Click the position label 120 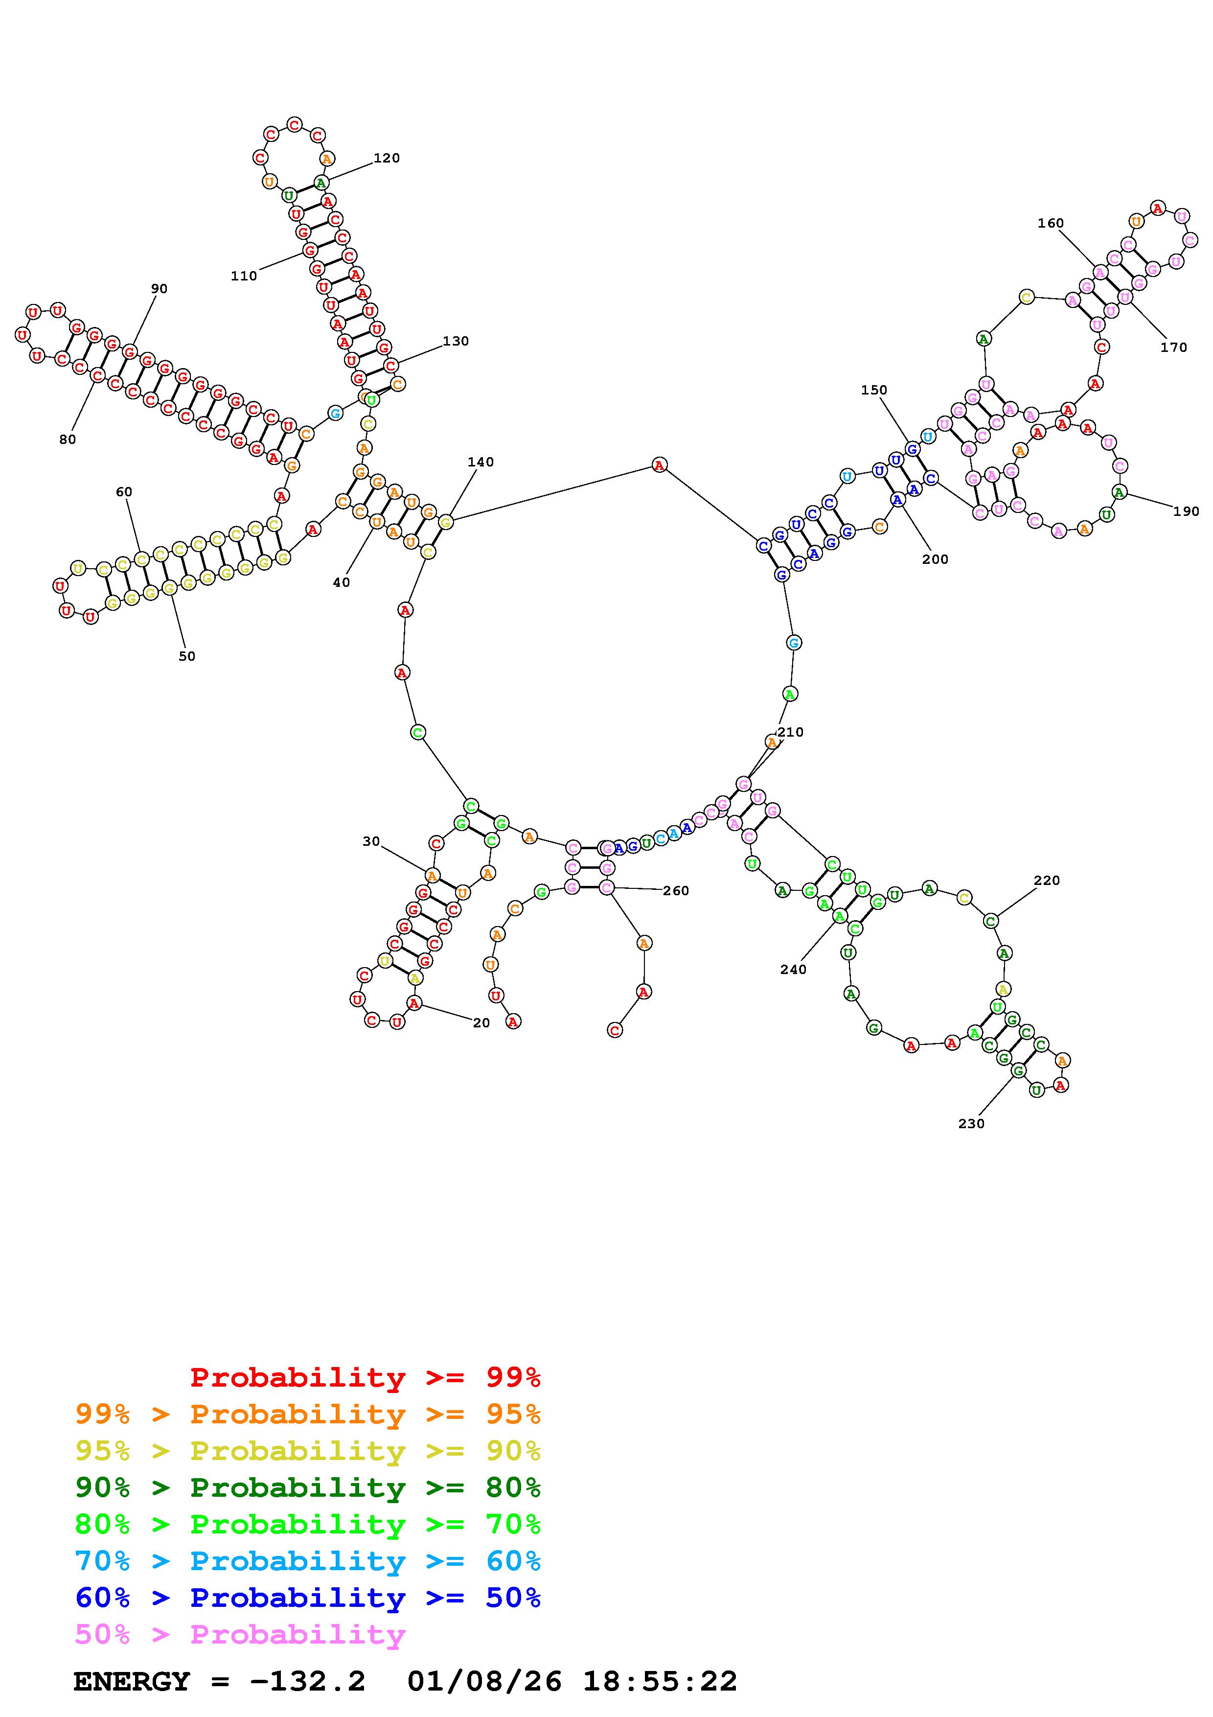click(387, 158)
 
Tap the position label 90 click(159, 289)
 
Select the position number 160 click(1050, 223)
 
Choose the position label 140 click(481, 462)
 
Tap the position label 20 click(481, 1023)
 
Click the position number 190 click(1185, 511)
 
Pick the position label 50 click(187, 656)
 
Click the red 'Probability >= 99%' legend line click(366, 1377)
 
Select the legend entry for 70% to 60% click(308, 1561)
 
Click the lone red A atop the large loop click(659, 465)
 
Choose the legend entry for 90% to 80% click(308, 1487)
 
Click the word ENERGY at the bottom click(132, 1681)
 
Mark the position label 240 click(793, 969)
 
